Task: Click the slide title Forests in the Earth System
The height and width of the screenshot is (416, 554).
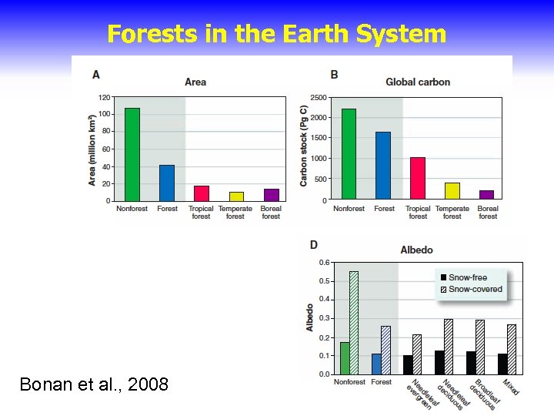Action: coord(276,34)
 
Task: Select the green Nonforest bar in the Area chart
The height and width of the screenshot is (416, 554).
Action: coord(132,154)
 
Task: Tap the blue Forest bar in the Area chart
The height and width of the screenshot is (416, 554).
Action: coord(167,183)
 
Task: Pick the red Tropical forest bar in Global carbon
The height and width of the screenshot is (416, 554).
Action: coord(418,179)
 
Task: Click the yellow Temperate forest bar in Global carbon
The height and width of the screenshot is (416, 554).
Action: coord(452,191)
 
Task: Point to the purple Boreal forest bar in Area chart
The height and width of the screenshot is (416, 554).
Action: coord(271,194)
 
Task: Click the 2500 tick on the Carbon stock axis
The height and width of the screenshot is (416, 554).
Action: coord(318,98)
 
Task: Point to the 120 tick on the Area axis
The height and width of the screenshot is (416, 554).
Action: coord(103,98)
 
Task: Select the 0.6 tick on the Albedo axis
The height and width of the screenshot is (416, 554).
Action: coord(325,263)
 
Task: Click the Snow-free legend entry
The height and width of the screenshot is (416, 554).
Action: coord(468,277)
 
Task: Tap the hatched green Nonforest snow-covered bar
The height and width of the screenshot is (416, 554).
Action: coord(354,323)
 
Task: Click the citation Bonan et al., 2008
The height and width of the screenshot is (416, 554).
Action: coord(94,383)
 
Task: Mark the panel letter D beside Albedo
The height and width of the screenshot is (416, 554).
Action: coord(313,245)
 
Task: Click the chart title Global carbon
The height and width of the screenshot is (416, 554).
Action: coord(418,82)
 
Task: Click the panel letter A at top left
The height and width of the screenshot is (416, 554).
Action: coord(96,75)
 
